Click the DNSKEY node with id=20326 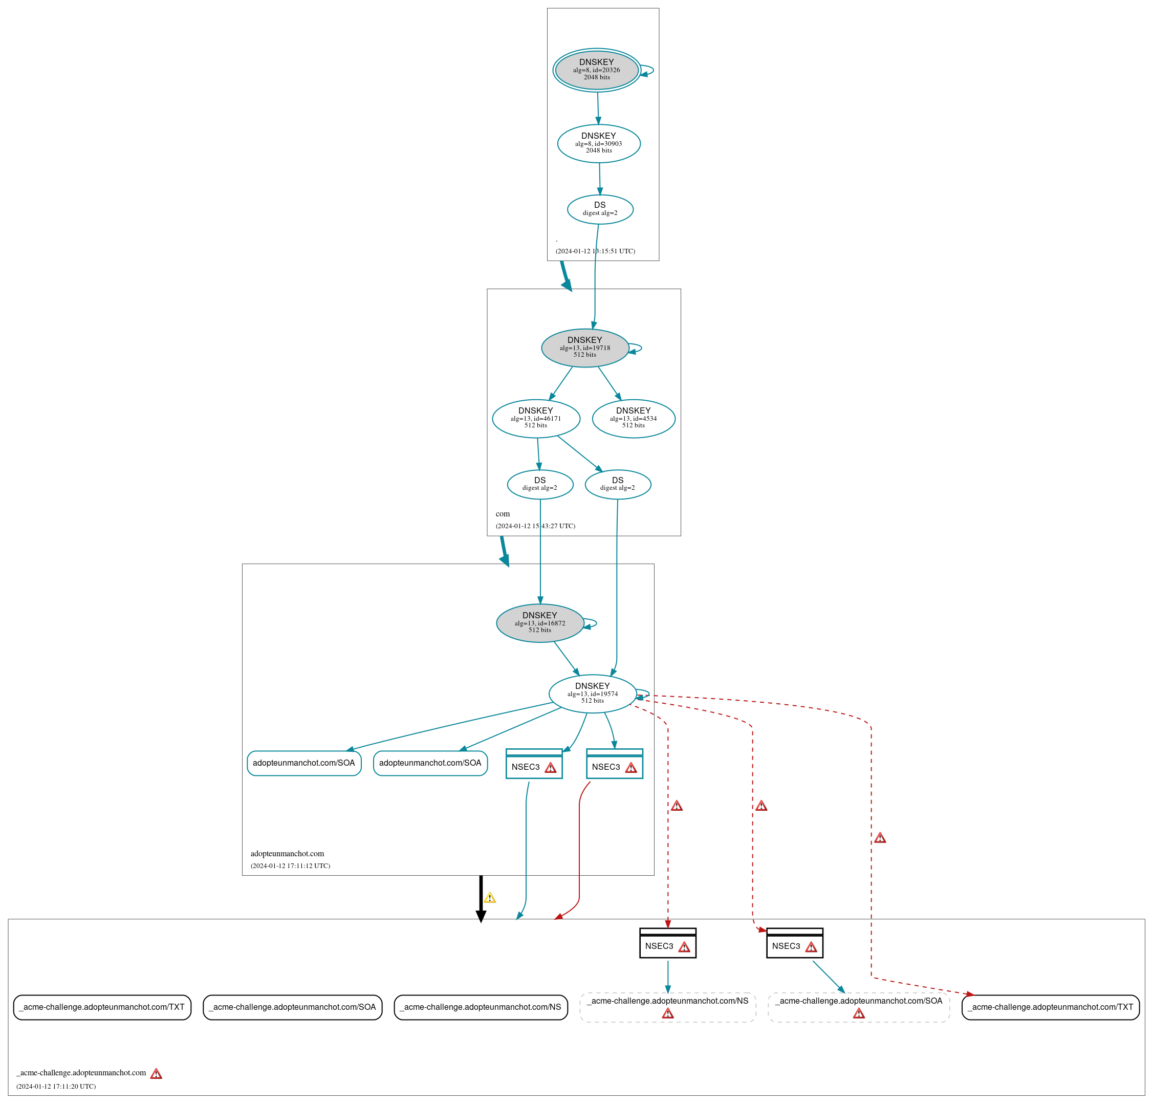(x=597, y=70)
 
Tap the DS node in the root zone (x=600, y=209)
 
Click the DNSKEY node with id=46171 (x=535, y=418)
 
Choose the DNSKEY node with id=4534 (x=633, y=418)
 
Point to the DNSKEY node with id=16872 (x=539, y=622)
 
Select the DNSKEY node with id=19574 (x=593, y=693)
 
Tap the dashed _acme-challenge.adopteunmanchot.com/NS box (x=667, y=1007)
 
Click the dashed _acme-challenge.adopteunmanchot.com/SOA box (x=858, y=1007)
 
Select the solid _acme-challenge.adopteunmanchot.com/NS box (x=480, y=1007)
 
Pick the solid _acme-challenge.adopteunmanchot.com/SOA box (x=292, y=1007)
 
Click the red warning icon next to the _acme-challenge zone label (x=156, y=1073)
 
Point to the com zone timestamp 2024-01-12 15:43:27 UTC (x=535, y=526)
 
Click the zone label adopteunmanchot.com (x=287, y=853)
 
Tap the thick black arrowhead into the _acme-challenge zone (x=481, y=916)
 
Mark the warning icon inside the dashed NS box (x=668, y=1013)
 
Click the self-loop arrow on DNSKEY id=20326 (x=648, y=71)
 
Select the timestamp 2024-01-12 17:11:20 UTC (x=56, y=1087)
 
